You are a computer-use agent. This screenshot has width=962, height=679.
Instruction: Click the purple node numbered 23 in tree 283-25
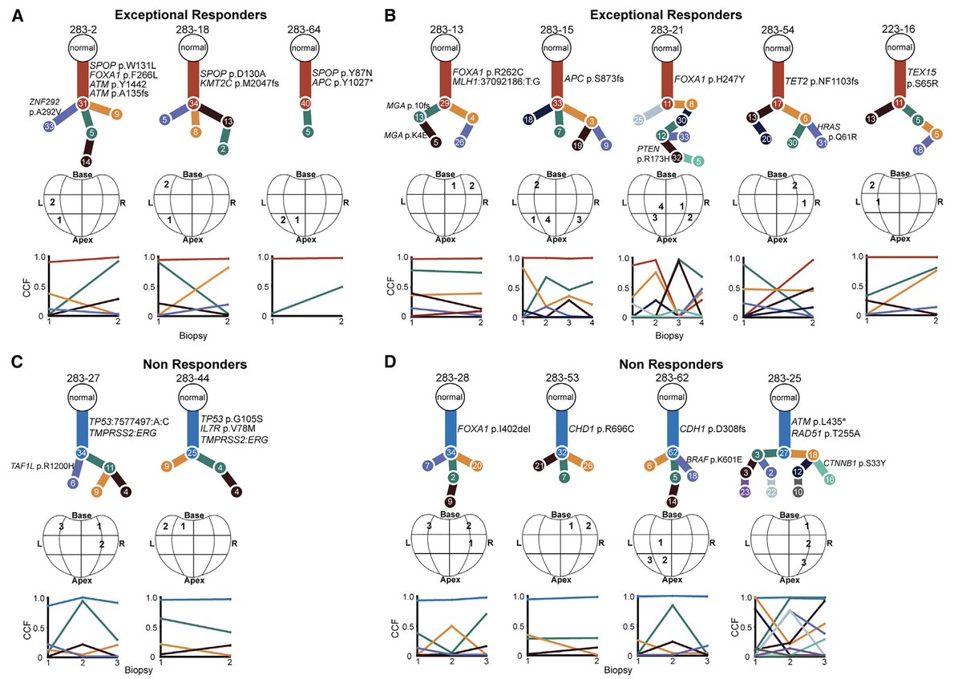pos(745,492)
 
